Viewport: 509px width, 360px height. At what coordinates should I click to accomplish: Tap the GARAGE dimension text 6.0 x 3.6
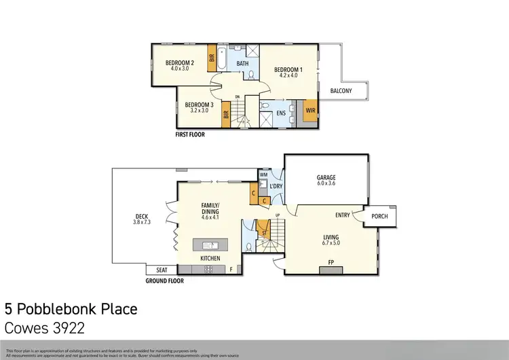point(326,183)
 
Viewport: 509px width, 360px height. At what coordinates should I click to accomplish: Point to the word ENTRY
point(343,215)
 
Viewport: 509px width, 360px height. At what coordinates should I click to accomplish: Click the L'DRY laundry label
point(276,185)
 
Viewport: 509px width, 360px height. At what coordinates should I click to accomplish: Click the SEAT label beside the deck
point(162,270)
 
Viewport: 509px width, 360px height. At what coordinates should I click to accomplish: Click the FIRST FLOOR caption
point(190,134)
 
